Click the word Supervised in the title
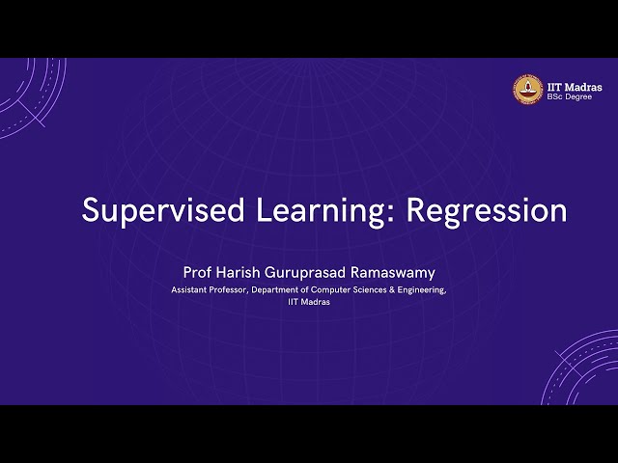154,210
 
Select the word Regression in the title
487,210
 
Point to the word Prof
196,273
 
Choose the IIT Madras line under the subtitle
309,301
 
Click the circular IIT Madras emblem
527,89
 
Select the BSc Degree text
570,96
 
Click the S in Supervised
90,210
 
